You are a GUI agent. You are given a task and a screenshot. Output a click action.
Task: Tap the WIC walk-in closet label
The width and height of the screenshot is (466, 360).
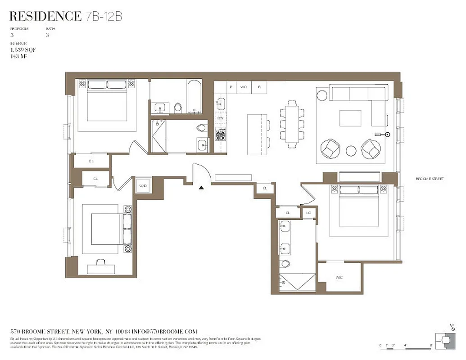click(x=339, y=278)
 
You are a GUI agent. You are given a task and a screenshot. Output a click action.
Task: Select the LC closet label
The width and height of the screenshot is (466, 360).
click(x=308, y=212)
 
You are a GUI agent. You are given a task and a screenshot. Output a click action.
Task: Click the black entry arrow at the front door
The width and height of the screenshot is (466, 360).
click(x=202, y=187)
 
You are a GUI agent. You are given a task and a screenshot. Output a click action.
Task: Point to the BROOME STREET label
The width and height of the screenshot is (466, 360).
click(x=430, y=179)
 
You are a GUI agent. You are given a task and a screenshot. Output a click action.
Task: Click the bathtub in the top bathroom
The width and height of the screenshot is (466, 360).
click(x=194, y=96)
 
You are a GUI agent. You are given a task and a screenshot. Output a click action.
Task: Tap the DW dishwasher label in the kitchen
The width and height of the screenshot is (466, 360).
click(x=220, y=118)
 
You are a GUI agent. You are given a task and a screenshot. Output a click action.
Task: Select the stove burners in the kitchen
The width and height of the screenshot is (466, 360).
click(x=221, y=134)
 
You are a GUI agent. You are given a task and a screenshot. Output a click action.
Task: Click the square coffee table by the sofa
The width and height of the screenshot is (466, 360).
click(x=350, y=118)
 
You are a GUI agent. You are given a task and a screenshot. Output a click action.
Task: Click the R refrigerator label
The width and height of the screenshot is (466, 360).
click(x=259, y=86)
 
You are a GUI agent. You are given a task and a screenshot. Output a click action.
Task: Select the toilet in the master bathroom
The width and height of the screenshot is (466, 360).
click(x=285, y=263)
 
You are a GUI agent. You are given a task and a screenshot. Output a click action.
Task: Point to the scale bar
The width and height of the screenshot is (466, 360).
click(x=405, y=346)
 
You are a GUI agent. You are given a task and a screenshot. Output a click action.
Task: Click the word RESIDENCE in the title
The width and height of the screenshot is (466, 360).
click(x=45, y=17)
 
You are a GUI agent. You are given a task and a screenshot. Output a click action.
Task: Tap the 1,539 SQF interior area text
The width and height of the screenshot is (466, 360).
click(x=23, y=50)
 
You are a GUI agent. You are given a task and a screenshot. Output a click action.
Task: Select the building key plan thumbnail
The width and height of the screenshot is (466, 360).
click(x=443, y=341)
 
